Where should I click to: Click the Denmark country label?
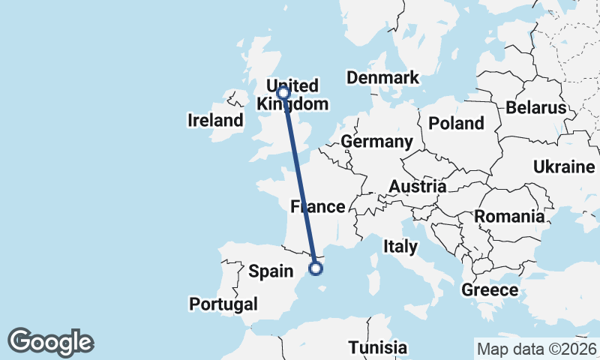point(382,78)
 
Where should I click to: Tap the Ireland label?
point(216,120)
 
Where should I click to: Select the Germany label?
point(376,142)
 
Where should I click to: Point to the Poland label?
point(456,123)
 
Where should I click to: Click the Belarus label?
point(535,108)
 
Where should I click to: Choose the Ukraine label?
point(563,166)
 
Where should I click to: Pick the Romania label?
point(509,217)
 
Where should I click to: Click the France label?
point(317,206)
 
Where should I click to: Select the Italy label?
point(400,245)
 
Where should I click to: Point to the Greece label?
point(490,290)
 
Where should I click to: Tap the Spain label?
point(271,271)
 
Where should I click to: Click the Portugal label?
point(223,304)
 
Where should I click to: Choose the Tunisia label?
point(378,348)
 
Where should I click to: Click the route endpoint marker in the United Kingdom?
point(283,93)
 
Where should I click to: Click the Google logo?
point(50,342)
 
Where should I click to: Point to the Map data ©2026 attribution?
point(536,349)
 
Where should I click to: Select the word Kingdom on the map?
point(292,104)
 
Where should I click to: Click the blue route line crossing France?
point(301,187)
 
